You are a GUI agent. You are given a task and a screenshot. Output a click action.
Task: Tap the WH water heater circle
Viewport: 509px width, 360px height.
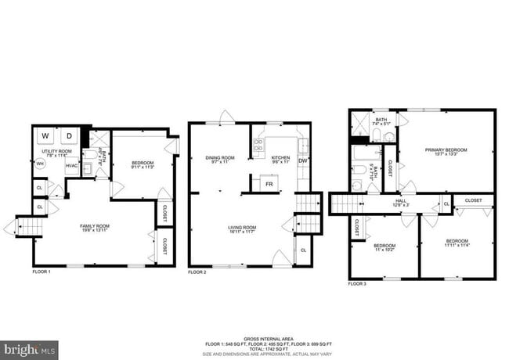(40, 164)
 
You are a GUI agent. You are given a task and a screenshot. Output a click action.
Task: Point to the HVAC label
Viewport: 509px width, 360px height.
(71, 165)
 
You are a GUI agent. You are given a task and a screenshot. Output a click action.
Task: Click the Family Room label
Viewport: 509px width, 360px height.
(94, 228)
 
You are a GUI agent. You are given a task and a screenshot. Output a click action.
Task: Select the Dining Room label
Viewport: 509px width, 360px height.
(220, 160)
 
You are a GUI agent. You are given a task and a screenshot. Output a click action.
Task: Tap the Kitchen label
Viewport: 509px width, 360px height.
(280, 160)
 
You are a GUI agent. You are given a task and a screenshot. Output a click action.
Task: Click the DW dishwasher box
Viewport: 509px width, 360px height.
(302, 162)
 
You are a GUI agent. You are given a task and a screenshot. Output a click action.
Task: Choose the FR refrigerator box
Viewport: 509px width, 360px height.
(268, 183)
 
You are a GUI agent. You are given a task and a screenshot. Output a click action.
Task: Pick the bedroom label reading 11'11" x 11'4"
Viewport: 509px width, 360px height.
(457, 243)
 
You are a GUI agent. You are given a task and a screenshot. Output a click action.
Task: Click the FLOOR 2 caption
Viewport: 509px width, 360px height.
(197, 272)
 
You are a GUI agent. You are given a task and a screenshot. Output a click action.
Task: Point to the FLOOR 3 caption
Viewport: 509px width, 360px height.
(356, 283)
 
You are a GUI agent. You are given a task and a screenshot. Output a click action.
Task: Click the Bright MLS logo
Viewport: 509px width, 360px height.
(29, 347)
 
